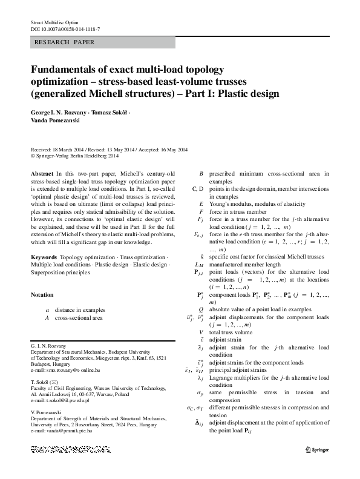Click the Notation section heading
click(42, 295)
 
